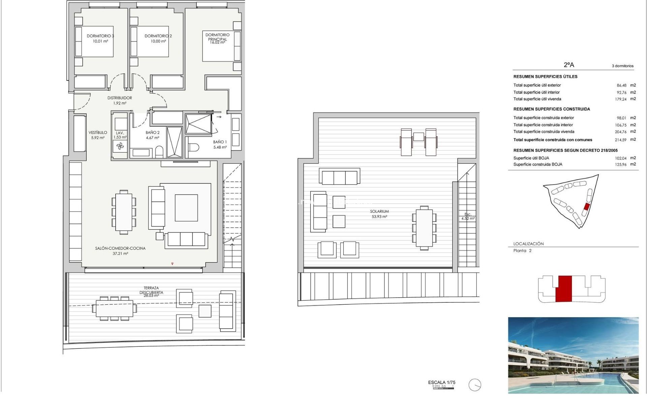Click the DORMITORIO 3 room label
[x=100, y=36]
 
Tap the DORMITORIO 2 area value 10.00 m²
[x=158, y=41]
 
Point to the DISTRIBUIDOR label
[x=120, y=98]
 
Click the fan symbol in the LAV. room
[x=120, y=146]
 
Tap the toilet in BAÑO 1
[x=194, y=147]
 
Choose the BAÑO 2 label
[x=153, y=133]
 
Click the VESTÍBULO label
[x=98, y=133]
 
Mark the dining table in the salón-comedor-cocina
[x=124, y=212]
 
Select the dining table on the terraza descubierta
[x=114, y=308]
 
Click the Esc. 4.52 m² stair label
[x=468, y=216]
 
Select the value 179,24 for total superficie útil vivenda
[x=620, y=99]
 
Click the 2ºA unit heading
[x=569, y=65]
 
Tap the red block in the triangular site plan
[x=587, y=207]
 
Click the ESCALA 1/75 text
[x=441, y=382]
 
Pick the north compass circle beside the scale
[x=474, y=385]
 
